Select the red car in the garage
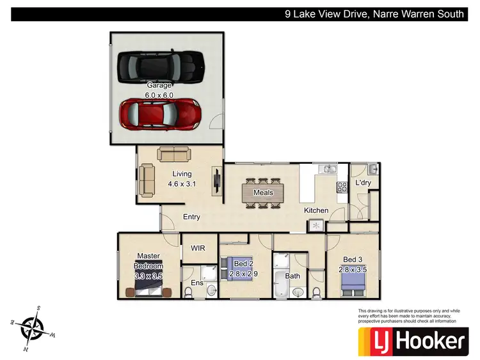click(161, 114)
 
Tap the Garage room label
click(159, 85)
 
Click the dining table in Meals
click(263, 192)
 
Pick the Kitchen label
click(316, 210)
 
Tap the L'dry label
click(364, 184)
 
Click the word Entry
click(191, 217)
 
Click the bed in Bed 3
click(353, 282)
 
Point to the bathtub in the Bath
click(281, 284)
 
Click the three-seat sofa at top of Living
click(174, 155)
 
